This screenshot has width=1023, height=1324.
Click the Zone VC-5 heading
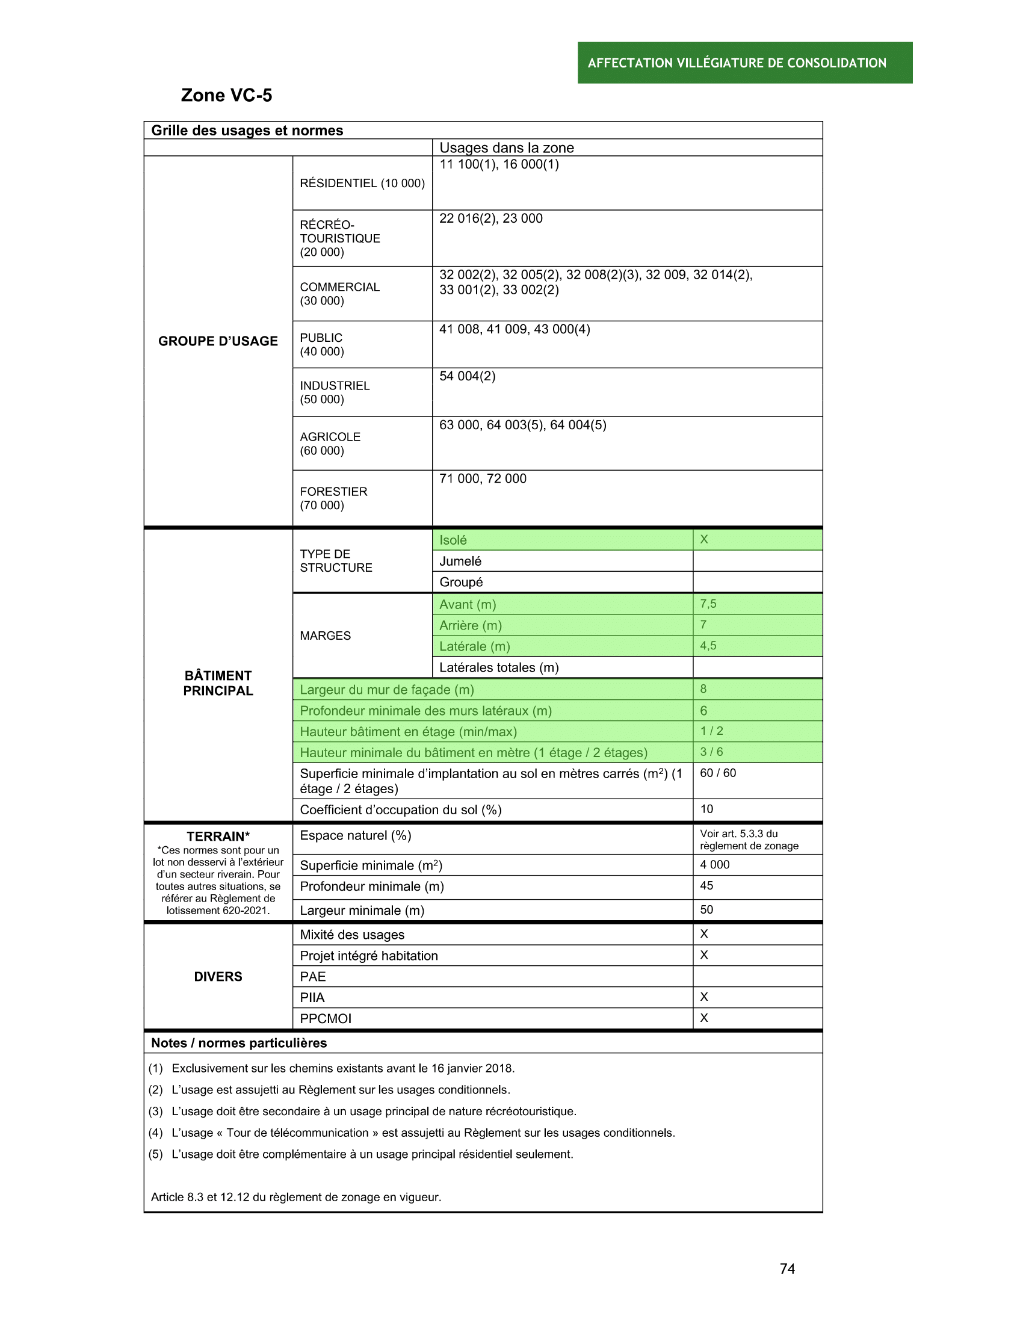[x=226, y=95]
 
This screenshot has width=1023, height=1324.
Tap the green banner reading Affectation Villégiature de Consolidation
[x=744, y=63]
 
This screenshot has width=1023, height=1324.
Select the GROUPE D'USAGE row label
[x=218, y=341]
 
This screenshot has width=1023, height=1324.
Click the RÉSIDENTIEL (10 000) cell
[x=362, y=183]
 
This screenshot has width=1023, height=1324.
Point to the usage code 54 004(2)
[x=467, y=376]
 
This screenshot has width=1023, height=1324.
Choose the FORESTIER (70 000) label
[x=333, y=498]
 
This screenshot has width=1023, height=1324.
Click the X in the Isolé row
[x=703, y=539]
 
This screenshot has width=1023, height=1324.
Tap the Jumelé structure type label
[x=460, y=561]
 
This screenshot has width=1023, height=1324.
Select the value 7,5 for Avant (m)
[x=708, y=603]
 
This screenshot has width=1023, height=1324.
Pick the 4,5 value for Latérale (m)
[x=708, y=645]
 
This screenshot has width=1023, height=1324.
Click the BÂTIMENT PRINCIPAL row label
[x=218, y=682]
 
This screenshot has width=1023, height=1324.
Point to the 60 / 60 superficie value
[x=717, y=772]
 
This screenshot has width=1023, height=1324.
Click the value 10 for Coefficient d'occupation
[x=706, y=809]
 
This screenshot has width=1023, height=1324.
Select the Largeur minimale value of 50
[x=706, y=909]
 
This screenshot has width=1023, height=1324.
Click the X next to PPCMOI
[x=703, y=1018]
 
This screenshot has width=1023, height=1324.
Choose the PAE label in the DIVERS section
[x=313, y=976]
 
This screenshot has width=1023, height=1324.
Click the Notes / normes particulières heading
[x=239, y=1043]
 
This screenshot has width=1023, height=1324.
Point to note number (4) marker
[x=156, y=1133]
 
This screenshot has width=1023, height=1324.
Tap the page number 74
[x=787, y=1268]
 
